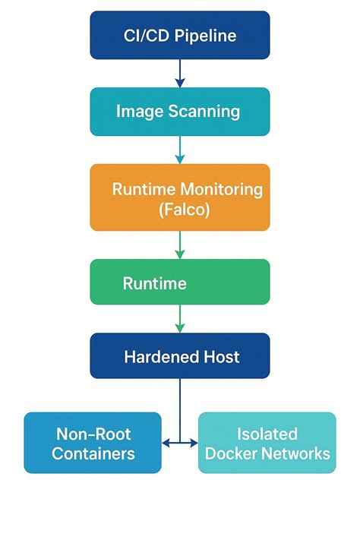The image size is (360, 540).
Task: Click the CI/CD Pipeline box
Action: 180,35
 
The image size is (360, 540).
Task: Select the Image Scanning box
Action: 180,112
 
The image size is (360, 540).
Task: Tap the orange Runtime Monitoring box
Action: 180,197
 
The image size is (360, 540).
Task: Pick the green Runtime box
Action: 180,283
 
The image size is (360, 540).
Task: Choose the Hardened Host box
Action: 180,355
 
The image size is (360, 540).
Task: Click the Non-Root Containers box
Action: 93,444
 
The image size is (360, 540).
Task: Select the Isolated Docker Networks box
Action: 267,444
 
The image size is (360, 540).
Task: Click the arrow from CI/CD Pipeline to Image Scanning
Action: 180,73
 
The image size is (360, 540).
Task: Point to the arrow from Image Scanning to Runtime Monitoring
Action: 180,150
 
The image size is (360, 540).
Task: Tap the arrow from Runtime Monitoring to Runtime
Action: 180,245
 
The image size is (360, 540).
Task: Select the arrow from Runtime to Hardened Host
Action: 180,319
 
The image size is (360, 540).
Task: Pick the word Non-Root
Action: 93,434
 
